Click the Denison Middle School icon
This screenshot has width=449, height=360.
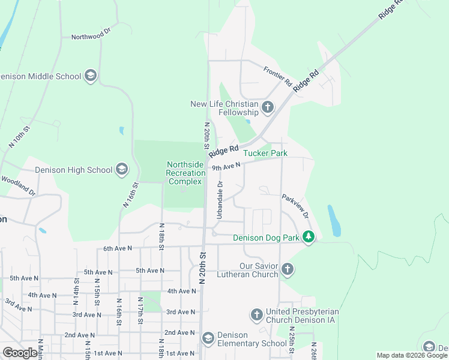tap(91, 76)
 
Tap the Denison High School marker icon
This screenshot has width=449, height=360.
tap(122, 170)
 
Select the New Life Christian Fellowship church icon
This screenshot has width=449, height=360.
tap(268, 109)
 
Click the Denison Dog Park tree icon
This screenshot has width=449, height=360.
tap(309, 238)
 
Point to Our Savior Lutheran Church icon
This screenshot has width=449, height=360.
tap(288, 269)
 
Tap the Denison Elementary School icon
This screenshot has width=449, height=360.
tap(208, 339)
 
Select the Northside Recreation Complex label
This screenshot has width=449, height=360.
tap(185, 173)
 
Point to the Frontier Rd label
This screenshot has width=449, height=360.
tap(277, 75)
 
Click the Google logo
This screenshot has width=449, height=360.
tap(20, 353)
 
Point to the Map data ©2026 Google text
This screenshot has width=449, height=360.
tap(411, 355)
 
